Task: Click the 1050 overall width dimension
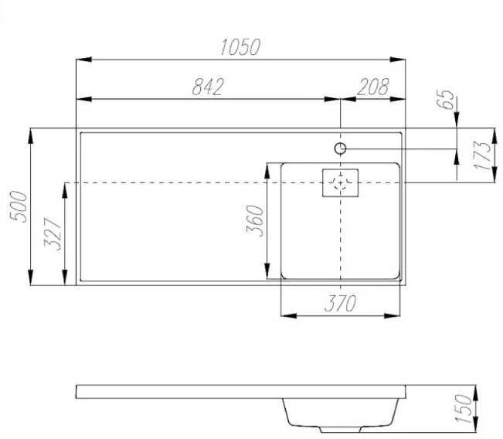(240, 47)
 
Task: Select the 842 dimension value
(208, 87)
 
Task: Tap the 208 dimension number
(373, 87)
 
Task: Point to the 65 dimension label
(445, 100)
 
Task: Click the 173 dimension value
(482, 155)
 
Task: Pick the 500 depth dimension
(19, 206)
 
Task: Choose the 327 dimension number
(53, 233)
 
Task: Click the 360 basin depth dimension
(255, 221)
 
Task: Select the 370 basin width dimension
(341, 303)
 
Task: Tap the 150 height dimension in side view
(464, 409)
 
